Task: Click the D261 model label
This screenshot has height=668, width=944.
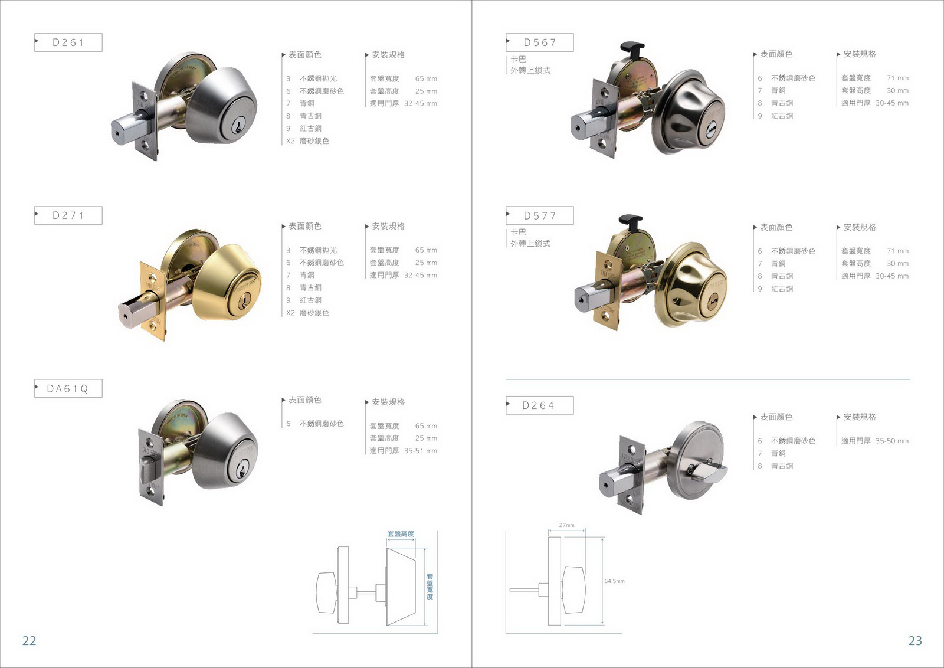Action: tap(68, 42)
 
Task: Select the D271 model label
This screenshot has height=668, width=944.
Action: tap(68, 215)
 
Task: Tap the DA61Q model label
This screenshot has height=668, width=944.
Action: tap(67, 388)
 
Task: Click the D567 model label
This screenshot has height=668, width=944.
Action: tap(540, 42)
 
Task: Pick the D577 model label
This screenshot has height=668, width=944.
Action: tap(540, 216)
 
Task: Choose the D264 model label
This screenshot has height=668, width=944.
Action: tap(538, 405)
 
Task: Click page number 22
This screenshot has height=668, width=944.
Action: tap(29, 641)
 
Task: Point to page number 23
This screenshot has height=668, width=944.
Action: tap(915, 641)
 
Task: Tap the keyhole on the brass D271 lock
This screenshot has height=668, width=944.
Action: tap(243, 300)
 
